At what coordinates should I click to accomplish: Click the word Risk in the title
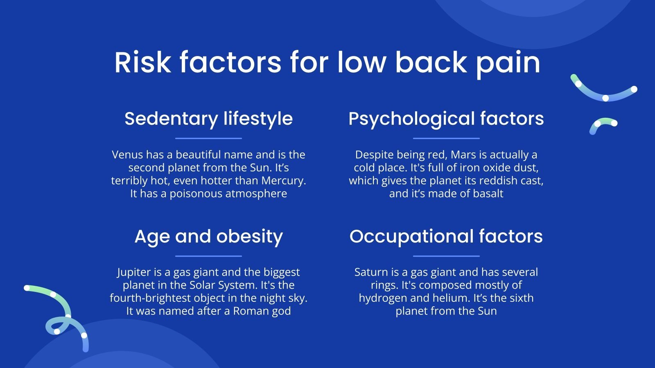142,63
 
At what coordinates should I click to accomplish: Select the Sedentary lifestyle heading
209,119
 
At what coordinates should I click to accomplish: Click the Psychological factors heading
446,119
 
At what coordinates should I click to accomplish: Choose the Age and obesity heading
209,236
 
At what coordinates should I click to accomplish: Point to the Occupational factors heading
446,236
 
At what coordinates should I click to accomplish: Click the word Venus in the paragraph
127,155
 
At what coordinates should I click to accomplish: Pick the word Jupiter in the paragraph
134,272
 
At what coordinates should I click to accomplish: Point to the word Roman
248,311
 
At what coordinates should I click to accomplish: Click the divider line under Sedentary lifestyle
209,138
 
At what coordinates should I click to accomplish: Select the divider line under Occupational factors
446,256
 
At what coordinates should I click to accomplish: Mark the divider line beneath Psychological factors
446,138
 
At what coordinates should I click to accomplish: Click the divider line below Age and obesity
209,256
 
